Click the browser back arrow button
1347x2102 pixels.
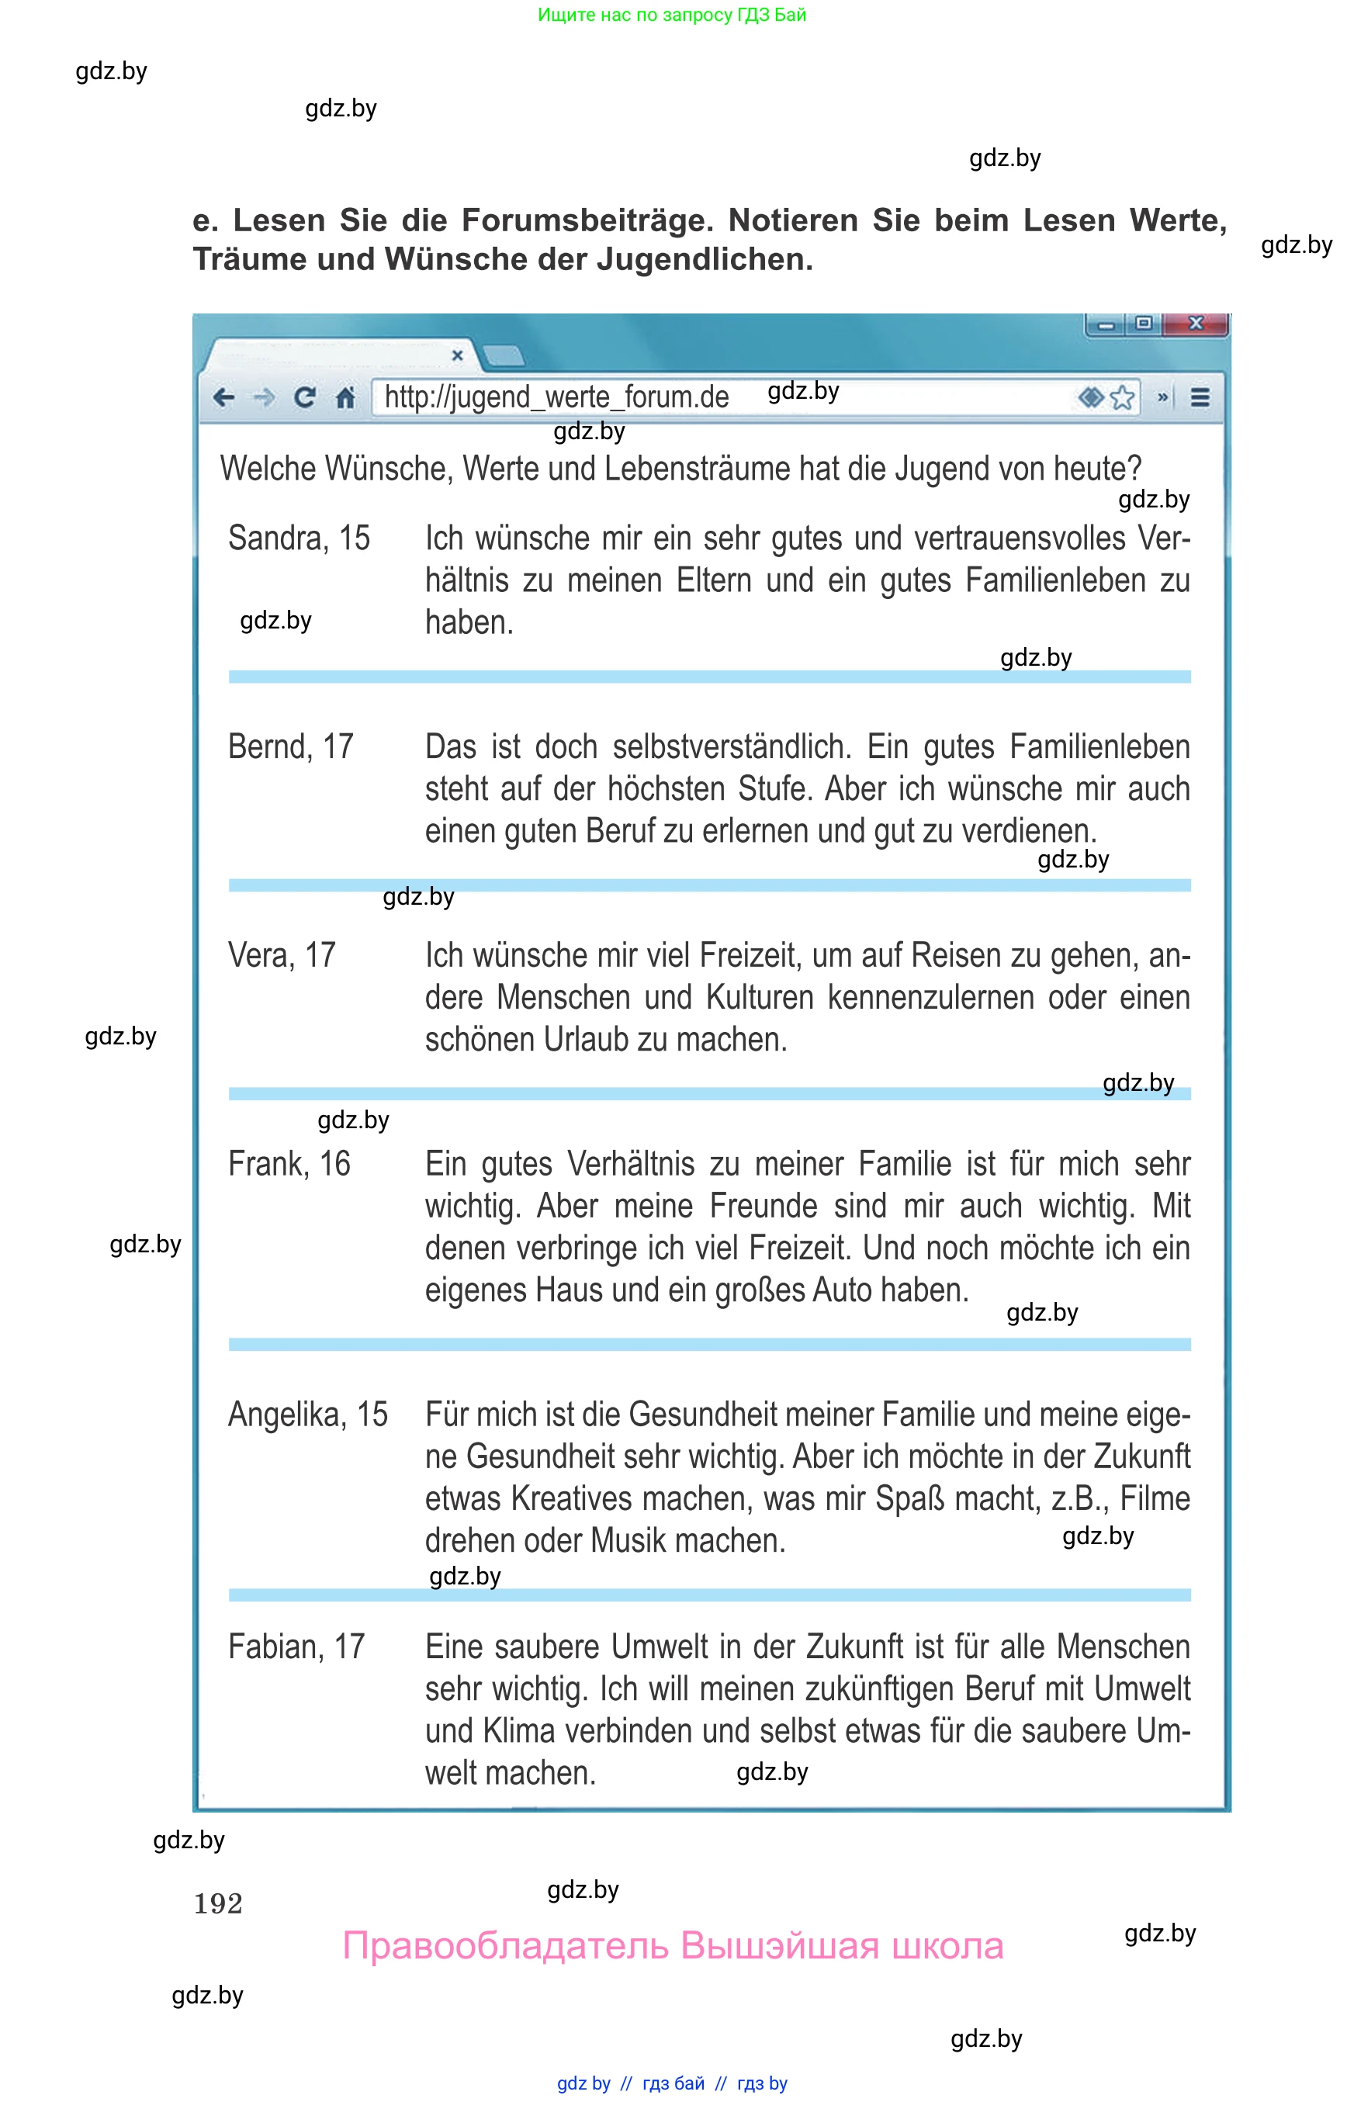coord(224,398)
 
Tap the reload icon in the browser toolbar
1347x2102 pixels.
coord(304,398)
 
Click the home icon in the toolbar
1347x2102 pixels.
coord(345,398)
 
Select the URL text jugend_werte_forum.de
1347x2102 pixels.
coord(556,397)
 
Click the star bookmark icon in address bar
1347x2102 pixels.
coord(1122,398)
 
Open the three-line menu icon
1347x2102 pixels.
coord(1200,398)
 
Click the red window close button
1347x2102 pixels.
coord(1196,324)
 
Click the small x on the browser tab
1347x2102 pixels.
coord(456,355)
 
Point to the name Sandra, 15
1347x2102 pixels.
coord(298,538)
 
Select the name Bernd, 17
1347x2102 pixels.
coord(290,747)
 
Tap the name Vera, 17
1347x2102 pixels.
coord(282,955)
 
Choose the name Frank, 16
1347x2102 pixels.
coord(289,1164)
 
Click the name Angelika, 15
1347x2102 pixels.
coord(307,1415)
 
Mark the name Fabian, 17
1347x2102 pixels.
coord(296,1647)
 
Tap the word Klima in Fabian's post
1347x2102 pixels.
coord(518,1731)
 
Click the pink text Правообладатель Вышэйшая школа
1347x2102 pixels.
coord(673,1946)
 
